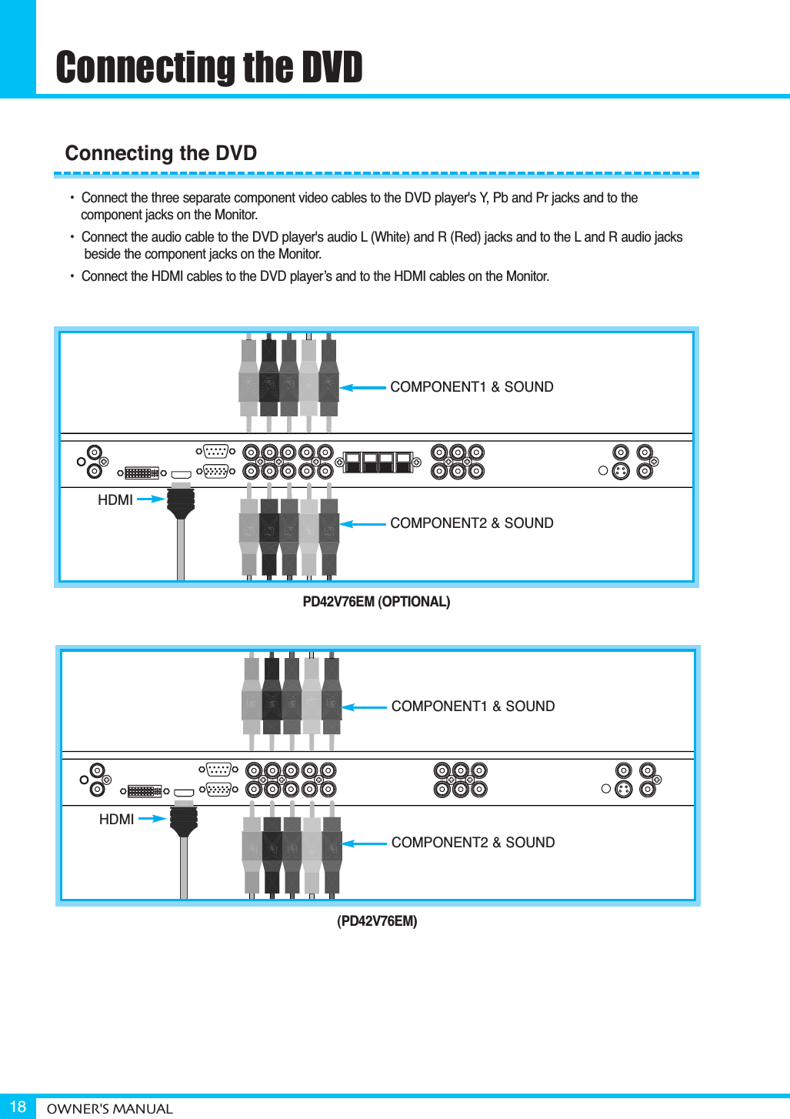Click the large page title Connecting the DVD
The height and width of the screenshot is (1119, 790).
[x=208, y=67]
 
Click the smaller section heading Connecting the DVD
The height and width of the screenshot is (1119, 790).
[x=161, y=153]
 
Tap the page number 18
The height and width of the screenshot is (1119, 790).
[x=18, y=1107]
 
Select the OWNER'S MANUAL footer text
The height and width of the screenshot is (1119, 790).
[x=109, y=1109]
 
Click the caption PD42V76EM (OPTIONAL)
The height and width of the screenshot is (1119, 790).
[x=376, y=602]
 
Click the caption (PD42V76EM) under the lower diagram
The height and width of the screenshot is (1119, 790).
[x=377, y=921]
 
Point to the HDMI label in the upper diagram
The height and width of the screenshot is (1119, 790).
[x=115, y=500]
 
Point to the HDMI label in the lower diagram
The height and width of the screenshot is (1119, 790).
[x=117, y=820]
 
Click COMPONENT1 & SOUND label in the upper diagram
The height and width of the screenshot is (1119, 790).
[x=472, y=387]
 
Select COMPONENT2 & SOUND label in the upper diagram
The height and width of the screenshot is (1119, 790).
[x=472, y=523]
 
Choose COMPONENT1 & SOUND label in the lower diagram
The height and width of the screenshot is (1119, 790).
[x=473, y=706]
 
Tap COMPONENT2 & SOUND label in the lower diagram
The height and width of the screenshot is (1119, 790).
[x=473, y=843]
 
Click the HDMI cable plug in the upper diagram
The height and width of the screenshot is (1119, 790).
[x=181, y=502]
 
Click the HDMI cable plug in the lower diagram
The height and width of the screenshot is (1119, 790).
[x=184, y=820]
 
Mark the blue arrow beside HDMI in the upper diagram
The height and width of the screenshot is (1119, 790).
[x=151, y=499]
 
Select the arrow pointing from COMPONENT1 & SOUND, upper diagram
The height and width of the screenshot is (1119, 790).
[x=362, y=388]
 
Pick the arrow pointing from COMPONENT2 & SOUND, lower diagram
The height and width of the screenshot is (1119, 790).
[x=364, y=843]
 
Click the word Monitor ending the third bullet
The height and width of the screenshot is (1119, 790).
[x=526, y=276]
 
